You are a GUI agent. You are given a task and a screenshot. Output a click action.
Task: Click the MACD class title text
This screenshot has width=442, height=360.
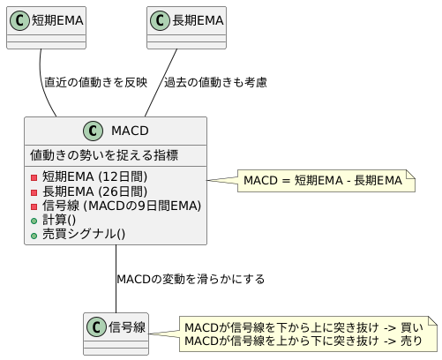[x=129, y=131]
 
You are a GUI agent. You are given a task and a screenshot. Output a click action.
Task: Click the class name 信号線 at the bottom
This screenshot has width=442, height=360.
[x=126, y=327]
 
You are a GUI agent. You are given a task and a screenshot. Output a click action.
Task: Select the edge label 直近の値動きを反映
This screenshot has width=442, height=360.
[x=95, y=82]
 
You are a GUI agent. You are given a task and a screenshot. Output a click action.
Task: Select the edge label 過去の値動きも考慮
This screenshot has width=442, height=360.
[x=215, y=82]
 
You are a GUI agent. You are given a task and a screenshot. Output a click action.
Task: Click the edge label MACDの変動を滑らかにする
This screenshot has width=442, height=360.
[x=190, y=279]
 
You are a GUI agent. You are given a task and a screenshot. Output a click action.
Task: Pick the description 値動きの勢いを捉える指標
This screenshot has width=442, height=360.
[x=104, y=155]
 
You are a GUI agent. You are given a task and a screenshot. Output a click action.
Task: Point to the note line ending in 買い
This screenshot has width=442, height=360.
[x=303, y=327]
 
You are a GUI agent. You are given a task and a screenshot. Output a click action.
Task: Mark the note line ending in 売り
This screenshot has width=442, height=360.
[x=303, y=341]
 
